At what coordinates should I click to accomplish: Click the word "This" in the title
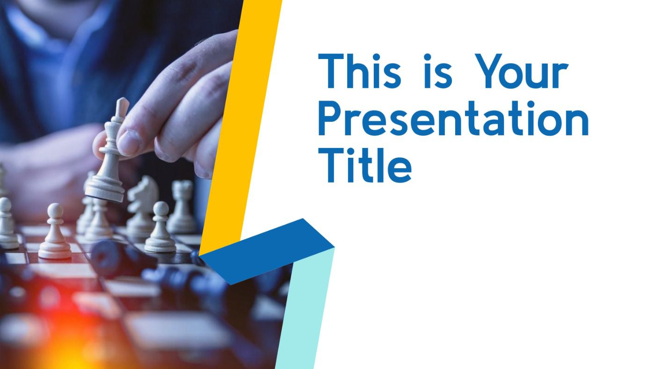tap(360, 71)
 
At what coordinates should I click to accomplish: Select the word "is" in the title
tap(438, 71)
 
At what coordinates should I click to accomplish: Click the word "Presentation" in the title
tap(453, 118)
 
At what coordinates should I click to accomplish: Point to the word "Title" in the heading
tap(365, 165)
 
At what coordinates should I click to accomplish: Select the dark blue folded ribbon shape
tap(267, 251)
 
